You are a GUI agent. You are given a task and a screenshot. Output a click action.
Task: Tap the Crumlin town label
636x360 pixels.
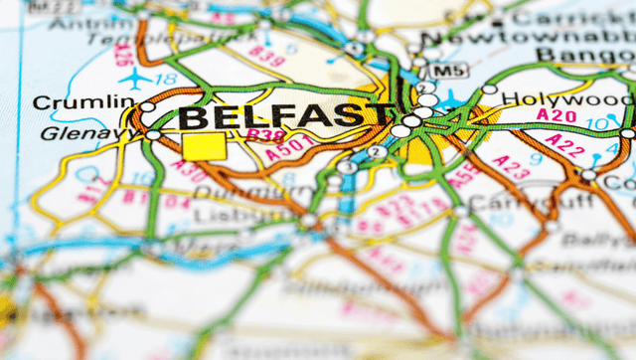(84, 101)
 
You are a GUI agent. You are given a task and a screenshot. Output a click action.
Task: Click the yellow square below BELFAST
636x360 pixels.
(204, 147)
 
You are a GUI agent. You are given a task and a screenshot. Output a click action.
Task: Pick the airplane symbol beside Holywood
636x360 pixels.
(453, 99)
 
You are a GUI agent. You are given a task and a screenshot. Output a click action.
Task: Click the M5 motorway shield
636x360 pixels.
(449, 70)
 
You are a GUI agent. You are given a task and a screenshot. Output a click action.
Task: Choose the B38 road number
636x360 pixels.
(265, 134)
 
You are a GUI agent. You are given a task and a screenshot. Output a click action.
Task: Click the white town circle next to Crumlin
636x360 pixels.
(147, 106)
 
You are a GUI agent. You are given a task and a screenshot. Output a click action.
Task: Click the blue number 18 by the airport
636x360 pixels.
(168, 77)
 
